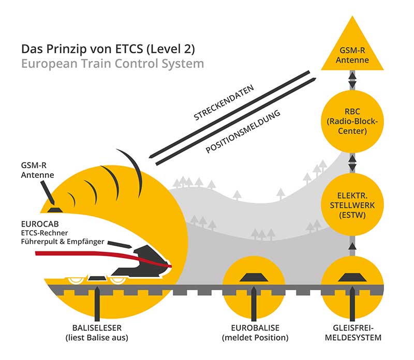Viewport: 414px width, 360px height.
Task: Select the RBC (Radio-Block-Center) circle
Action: point(351,119)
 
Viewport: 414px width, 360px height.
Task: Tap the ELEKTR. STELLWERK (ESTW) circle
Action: point(351,204)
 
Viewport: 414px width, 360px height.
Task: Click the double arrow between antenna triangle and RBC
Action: point(351,80)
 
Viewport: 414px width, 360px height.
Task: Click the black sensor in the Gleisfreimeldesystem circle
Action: point(351,278)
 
